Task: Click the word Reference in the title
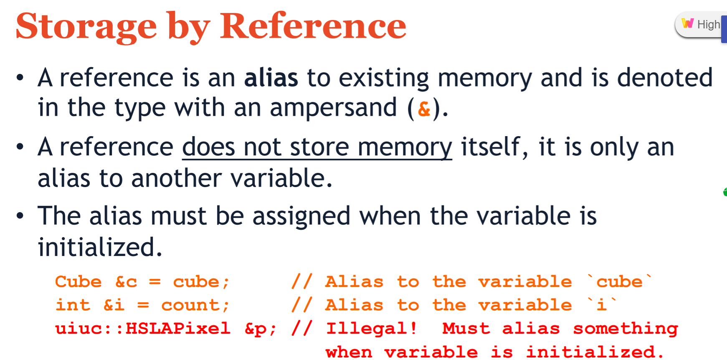click(x=313, y=26)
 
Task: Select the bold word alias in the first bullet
click(x=271, y=78)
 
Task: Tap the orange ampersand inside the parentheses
click(x=424, y=109)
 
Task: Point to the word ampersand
click(x=333, y=108)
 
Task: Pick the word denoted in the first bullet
click(x=664, y=78)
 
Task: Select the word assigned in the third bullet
click(x=301, y=216)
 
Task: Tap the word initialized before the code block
click(x=99, y=247)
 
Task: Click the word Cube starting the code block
click(x=79, y=282)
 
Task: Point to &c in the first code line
click(x=126, y=282)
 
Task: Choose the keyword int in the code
click(x=73, y=305)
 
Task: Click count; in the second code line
click(x=195, y=305)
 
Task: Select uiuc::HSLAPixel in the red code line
click(x=143, y=329)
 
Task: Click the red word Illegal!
click(x=371, y=329)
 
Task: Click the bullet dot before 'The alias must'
click(x=20, y=216)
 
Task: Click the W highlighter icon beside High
click(x=687, y=23)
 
